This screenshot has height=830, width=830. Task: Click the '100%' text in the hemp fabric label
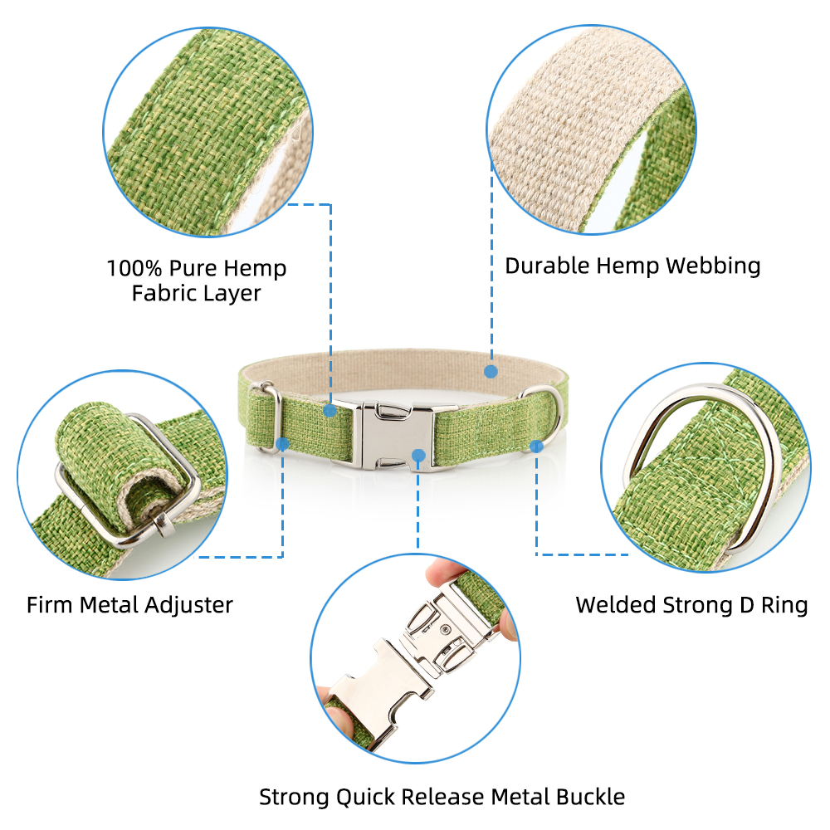(x=134, y=268)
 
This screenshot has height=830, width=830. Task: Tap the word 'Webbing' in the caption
(x=713, y=266)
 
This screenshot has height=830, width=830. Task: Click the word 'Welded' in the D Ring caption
(x=616, y=605)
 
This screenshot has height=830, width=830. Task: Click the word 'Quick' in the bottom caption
(x=365, y=797)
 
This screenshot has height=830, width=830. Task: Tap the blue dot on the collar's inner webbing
(x=491, y=372)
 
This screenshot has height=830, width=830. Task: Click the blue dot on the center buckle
(x=418, y=455)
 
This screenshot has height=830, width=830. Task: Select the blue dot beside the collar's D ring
(x=536, y=447)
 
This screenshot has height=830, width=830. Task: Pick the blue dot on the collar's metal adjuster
(x=283, y=444)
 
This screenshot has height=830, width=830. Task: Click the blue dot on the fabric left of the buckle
(x=330, y=410)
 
